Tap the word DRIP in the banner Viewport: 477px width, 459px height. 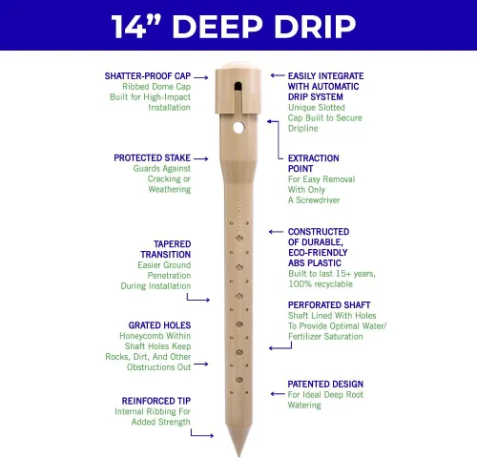(x=315, y=27)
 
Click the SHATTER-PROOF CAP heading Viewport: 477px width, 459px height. (x=148, y=76)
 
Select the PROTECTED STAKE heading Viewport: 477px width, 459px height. (x=152, y=158)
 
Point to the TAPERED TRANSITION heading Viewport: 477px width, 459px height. (x=166, y=249)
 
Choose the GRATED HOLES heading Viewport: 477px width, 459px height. (x=159, y=325)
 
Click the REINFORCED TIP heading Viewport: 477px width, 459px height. (x=156, y=401)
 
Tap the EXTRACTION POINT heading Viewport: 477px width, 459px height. (x=314, y=163)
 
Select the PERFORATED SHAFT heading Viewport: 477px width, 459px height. (x=329, y=305)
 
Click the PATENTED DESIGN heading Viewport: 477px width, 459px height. (x=325, y=384)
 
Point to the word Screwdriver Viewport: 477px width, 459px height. (x=318, y=200)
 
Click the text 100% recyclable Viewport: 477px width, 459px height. (x=321, y=284)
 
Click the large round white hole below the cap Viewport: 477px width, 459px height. (x=238, y=128)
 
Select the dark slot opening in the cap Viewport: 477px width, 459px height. (x=238, y=86)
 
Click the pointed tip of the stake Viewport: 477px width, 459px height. (x=238, y=455)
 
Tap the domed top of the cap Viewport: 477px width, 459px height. (x=238, y=66)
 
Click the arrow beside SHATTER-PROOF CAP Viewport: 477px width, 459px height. (x=201, y=77)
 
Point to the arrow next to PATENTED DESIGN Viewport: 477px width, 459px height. (x=278, y=394)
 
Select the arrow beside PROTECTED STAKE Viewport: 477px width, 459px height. (x=201, y=158)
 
